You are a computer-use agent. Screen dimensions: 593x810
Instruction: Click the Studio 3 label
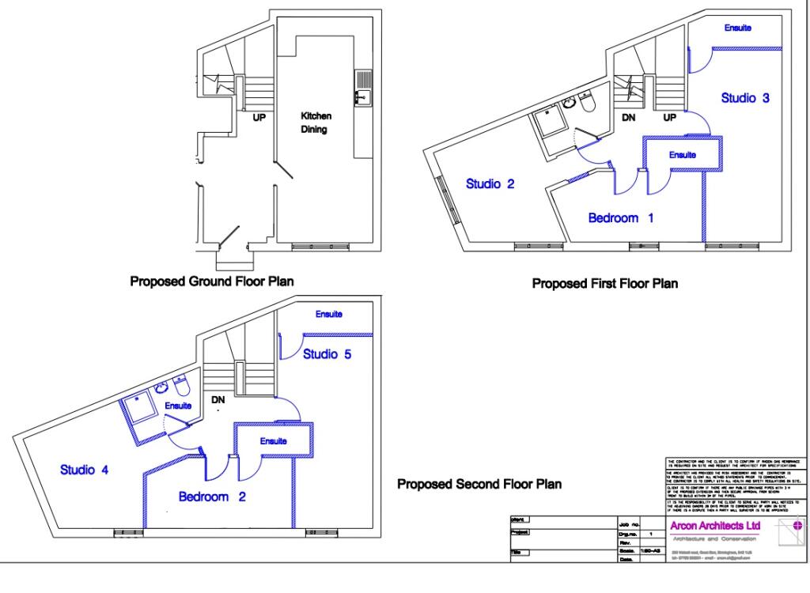[745, 98]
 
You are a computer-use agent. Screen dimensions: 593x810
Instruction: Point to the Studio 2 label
[490, 184]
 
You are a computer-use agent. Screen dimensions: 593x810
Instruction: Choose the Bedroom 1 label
[621, 218]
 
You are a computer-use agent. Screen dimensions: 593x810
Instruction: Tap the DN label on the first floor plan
[629, 117]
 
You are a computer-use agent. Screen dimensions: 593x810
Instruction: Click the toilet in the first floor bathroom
[586, 104]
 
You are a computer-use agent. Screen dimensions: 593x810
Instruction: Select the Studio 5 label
[327, 353]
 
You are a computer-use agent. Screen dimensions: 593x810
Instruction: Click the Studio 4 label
[85, 470]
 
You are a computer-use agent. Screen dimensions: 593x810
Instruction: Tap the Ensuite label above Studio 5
[329, 315]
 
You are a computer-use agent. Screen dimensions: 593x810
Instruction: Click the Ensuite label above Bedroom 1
[682, 155]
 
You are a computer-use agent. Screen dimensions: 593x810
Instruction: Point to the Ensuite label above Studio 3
[738, 28]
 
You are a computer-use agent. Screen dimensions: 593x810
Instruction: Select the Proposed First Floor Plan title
[605, 282]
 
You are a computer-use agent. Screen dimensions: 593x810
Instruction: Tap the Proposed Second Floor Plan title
[479, 484]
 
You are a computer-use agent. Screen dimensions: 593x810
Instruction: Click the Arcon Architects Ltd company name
[714, 526]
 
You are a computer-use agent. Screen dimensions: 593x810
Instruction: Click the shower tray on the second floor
[138, 411]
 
